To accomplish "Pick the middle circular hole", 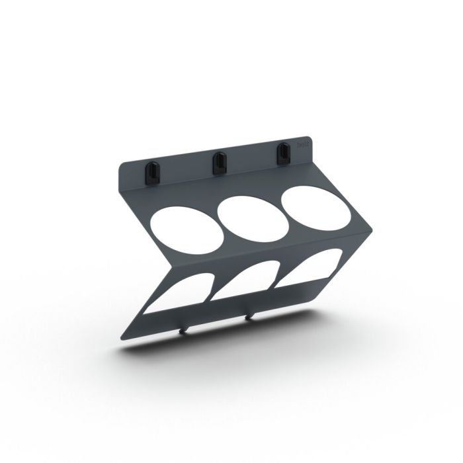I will pos(252,218).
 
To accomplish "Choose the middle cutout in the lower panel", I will pos(244,282).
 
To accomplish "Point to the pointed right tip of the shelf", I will pos(372,231).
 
